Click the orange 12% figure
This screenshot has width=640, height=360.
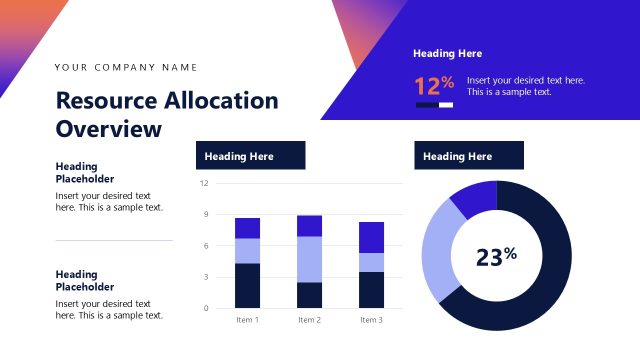(x=434, y=85)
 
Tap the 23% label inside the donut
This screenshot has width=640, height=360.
(x=496, y=257)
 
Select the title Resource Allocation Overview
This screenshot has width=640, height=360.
(x=167, y=114)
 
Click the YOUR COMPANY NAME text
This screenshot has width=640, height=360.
(x=126, y=68)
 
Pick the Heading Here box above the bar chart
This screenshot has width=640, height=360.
(x=249, y=156)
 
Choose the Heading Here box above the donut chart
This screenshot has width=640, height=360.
(x=468, y=156)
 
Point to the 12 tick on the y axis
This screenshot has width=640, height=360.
(x=204, y=183)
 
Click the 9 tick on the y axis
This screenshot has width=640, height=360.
(x=205, y=214)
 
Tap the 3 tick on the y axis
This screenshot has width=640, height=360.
(x=205, y=277)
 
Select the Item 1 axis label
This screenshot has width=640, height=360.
(x=247, y=320)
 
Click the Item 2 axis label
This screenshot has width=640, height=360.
(x=309, y=320)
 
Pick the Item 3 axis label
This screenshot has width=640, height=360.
(x=371, y=320)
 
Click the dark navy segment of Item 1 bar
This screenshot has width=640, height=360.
(x=247, y=286)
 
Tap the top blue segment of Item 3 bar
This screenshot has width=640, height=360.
(x=371, y=237)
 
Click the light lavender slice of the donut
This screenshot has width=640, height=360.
(x=435, y=250)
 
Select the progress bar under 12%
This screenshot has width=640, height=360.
(x=434, y=104)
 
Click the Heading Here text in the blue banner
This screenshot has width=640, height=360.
(x=447, y=54)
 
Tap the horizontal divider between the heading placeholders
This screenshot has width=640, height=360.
(x=113, y=240)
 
